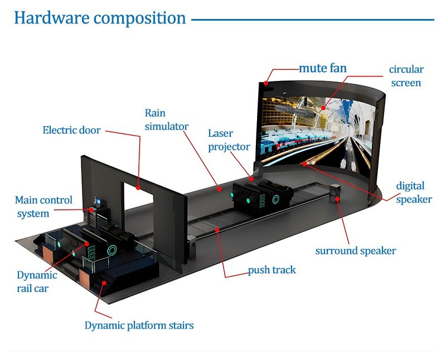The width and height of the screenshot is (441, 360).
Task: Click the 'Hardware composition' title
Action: pos(100,18)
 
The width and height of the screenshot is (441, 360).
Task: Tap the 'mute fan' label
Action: pos(323,68)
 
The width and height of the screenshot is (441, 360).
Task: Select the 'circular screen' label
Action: pos(406,76)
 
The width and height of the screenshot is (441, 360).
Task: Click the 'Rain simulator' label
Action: pos(166,119)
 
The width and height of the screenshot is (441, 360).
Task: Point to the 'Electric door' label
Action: pos(71,131)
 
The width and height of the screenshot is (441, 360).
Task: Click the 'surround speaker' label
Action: pos(356,251)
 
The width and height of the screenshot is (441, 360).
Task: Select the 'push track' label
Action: pos(272,270)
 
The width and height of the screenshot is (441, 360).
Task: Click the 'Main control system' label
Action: pos(43,207)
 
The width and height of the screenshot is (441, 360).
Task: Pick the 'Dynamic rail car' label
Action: pos(37,281)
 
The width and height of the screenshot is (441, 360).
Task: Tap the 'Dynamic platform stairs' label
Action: pos(139,325)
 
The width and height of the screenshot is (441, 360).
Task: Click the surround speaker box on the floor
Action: pos(336,193)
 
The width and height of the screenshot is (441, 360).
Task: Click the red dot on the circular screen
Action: pos(323,106)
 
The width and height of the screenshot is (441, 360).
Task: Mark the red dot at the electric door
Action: pos(139,182)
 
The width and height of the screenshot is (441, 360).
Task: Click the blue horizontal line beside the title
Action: pos(312,20)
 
